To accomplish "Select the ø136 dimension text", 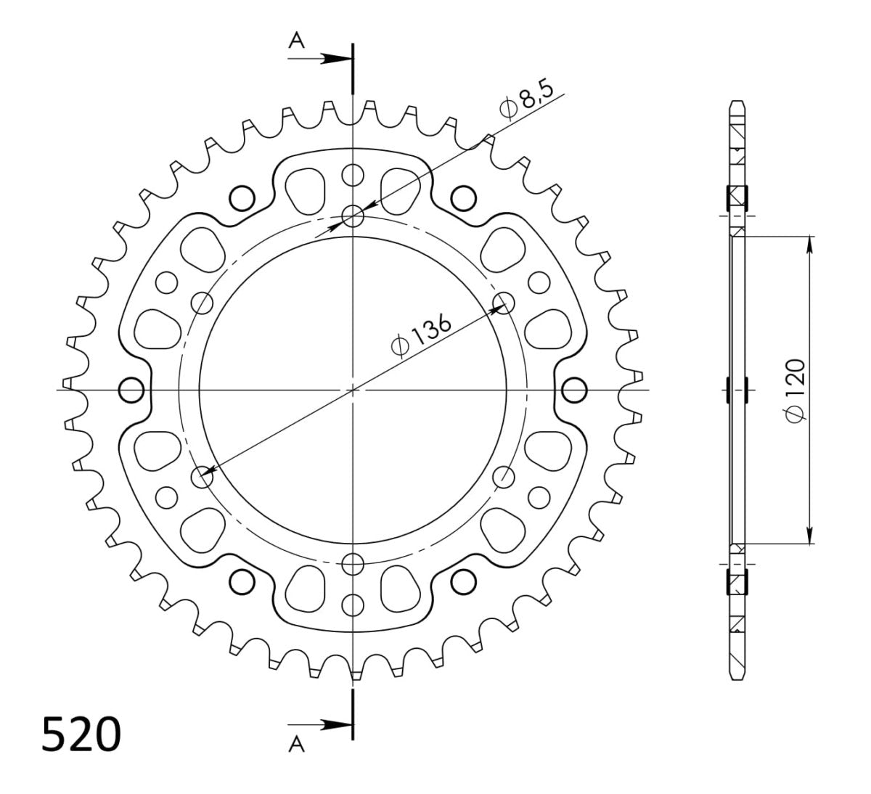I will (422, 335).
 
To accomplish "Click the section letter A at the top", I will (296, 42).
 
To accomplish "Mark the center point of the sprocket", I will (353, 390).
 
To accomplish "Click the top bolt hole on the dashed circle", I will (353, 216).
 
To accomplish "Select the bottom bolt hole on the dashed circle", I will (353, 562).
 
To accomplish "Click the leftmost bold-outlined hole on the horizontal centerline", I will (131, 390).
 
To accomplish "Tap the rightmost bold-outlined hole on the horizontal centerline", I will (574, 390).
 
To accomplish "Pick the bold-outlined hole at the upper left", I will (242, 197).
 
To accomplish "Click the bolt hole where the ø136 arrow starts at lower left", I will (202, 476).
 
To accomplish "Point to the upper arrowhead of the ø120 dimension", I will (809, 244).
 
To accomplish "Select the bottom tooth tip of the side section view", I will (737, 677).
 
